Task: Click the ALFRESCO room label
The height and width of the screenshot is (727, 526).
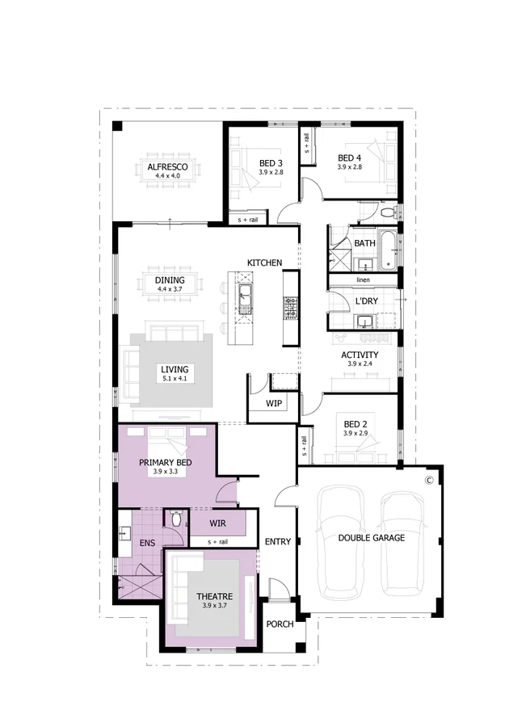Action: coord(168,166)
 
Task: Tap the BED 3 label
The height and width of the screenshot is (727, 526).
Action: coord(271,162)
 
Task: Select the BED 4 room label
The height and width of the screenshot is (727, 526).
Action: coord(350,158)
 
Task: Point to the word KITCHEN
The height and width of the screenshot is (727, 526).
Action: coord(264,263)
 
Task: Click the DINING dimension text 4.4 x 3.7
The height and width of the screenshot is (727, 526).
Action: coord(170,289)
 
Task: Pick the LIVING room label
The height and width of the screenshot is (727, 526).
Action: coord(175,369)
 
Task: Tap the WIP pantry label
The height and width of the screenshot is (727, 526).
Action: coord(273,403)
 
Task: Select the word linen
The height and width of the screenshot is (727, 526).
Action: coord(364,280)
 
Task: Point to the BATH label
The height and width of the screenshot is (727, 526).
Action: coord(364,243)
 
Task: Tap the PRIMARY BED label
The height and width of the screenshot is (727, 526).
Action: coord(165,462)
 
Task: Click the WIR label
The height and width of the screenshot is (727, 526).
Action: coord(217,523)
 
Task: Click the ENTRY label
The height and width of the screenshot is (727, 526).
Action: coord(277,541)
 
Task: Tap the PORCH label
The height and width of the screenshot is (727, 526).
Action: coord(280,624)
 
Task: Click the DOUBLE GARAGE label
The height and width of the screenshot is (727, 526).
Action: coord(372,537)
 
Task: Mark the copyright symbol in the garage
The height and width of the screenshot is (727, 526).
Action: coord(430,480)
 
